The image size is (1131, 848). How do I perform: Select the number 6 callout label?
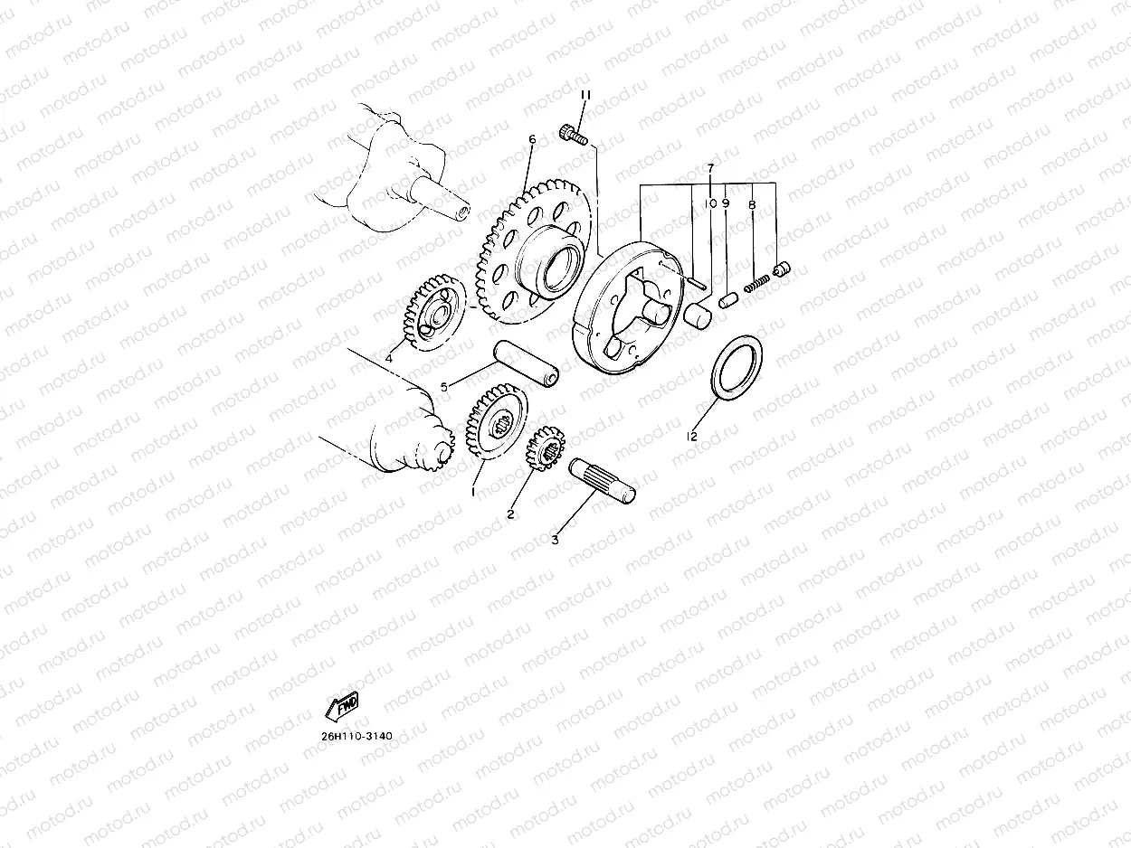(x=532, y=140)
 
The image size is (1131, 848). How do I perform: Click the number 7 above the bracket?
(x=711, y=169)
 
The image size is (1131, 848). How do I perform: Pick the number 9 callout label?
(x=726, y=204)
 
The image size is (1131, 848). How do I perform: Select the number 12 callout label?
(x=692, y=437)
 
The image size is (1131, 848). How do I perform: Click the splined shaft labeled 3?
(x=603, y=479)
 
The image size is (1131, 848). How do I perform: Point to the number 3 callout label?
(x=555, y=540)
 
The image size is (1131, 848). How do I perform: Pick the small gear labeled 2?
(x=546, y=446)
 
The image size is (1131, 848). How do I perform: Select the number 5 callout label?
(x=444, y=388)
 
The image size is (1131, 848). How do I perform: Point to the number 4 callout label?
(x=388, y=359)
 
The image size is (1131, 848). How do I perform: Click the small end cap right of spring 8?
(x=783, y=269)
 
